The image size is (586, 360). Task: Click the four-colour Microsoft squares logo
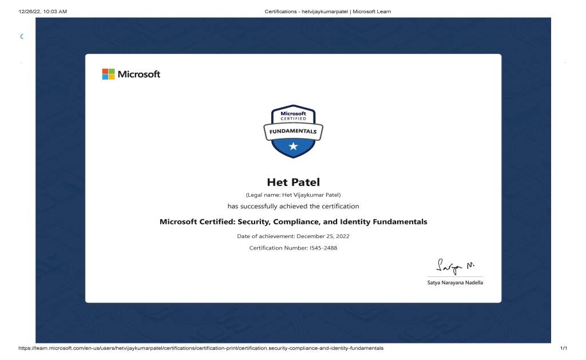[108, 74]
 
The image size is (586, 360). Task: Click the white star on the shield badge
[293, 147]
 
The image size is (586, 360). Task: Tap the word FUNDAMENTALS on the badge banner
[293, 132]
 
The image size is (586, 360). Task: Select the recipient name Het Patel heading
[293, 183]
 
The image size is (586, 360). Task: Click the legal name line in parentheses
[293, 195]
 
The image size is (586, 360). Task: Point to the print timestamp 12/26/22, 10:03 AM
[35, 11]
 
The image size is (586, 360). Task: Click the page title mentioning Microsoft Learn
[328, 11]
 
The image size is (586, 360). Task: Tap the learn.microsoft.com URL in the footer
[192, 348]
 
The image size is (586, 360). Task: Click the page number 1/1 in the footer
[564, 348]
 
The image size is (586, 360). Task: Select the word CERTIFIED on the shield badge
[293, 118]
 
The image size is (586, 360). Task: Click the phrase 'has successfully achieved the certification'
[293, 206]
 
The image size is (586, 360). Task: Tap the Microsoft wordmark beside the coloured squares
[139, 74]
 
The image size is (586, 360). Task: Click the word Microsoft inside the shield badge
[293, 113]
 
